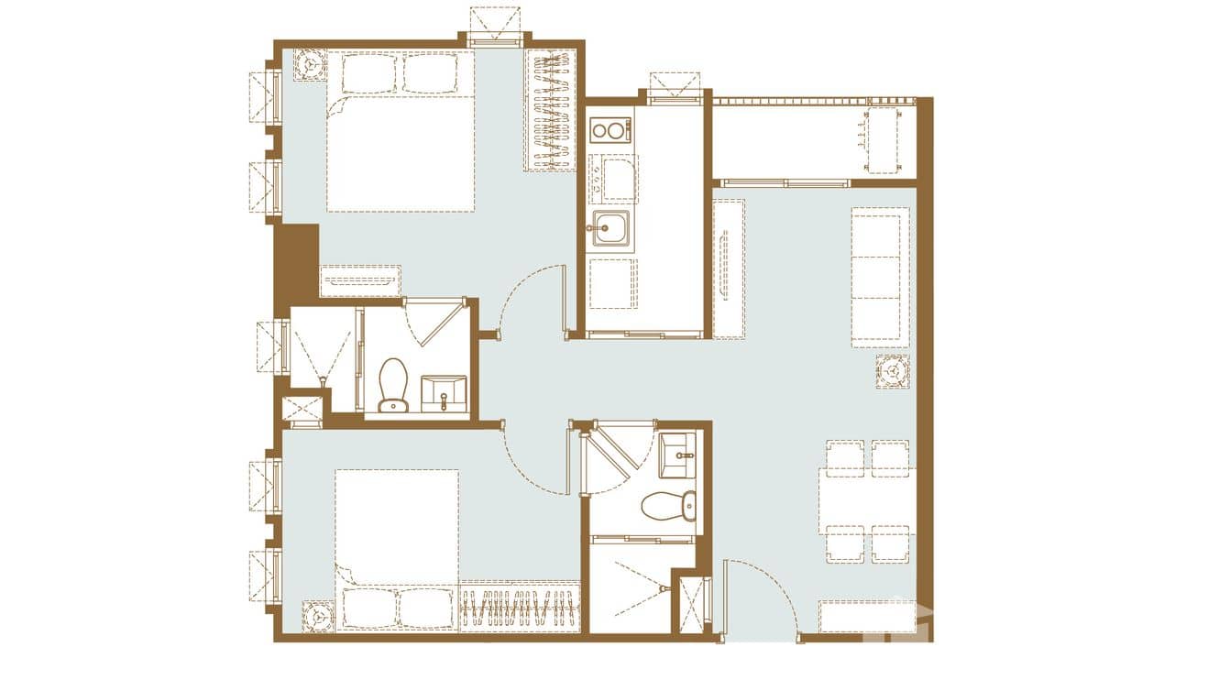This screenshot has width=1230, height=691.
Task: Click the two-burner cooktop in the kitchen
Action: point(610,130)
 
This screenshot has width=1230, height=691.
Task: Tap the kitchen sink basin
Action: point(610,227)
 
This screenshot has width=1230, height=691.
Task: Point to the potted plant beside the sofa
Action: point(892,372)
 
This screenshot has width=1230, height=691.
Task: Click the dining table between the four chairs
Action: point(867,501)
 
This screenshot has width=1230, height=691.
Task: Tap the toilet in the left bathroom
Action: point(393,385)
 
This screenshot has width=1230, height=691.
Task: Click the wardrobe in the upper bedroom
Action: point(550,110)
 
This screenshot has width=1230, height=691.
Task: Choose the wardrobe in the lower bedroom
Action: point(519,607)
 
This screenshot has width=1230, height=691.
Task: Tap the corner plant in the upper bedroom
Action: point(310,64)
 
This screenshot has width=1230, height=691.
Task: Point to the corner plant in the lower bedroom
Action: point(318,617)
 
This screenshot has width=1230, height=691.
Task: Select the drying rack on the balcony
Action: point(882,140)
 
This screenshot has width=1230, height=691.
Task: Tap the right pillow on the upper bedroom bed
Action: point(430,73)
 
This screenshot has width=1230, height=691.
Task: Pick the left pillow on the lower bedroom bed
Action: point(368,608)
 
